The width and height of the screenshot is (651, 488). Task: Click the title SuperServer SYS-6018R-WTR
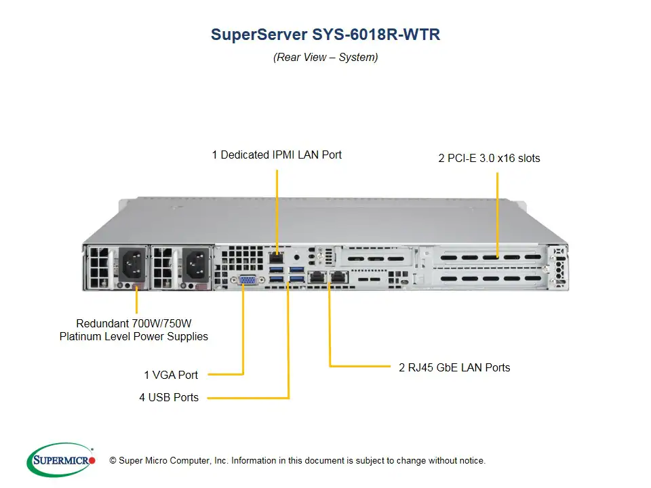tap(325, 35)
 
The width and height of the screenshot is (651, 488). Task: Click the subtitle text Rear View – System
tap(325, 58)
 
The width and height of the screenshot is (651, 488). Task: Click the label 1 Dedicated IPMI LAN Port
tap(277, 155)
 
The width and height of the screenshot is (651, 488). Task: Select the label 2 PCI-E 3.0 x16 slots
tap(489, 159)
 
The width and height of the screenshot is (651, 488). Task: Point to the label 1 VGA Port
tap(171, 374)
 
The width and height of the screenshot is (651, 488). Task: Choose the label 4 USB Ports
tap(169, 397)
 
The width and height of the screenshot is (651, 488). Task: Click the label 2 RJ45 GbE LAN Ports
tap(454, 367)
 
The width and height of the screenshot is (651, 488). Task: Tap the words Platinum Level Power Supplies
tap(134, 336)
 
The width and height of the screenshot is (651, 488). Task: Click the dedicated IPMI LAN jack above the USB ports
tap(277, 257)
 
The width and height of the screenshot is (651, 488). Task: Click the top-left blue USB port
tap(277, 270)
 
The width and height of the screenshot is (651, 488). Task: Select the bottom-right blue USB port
tap(296, 279)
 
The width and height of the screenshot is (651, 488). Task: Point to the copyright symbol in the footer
tap(113, 461)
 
